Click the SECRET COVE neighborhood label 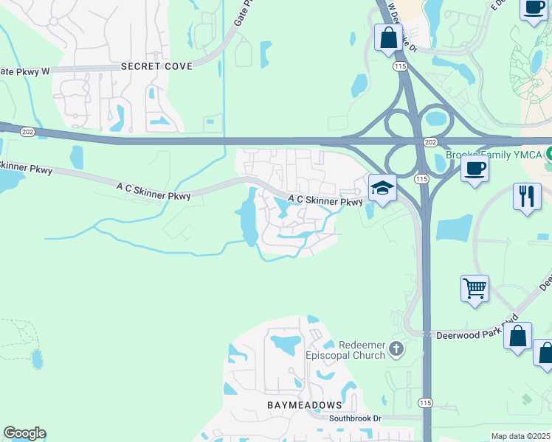click(156, 66)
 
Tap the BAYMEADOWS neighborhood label click(305, 406)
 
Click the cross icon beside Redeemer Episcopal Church click(397, 348)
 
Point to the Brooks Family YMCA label click(494, 156)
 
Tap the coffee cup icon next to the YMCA click(475, 167)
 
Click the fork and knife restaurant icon click(526, 197)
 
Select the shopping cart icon click(475, 288)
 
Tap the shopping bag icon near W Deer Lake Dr click(388, 37)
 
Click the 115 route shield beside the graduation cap click(421, 179)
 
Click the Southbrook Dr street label click(355, 418)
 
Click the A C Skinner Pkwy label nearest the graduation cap click(325, 200)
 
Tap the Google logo click(24, 433)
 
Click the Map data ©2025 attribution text click(520, 436)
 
